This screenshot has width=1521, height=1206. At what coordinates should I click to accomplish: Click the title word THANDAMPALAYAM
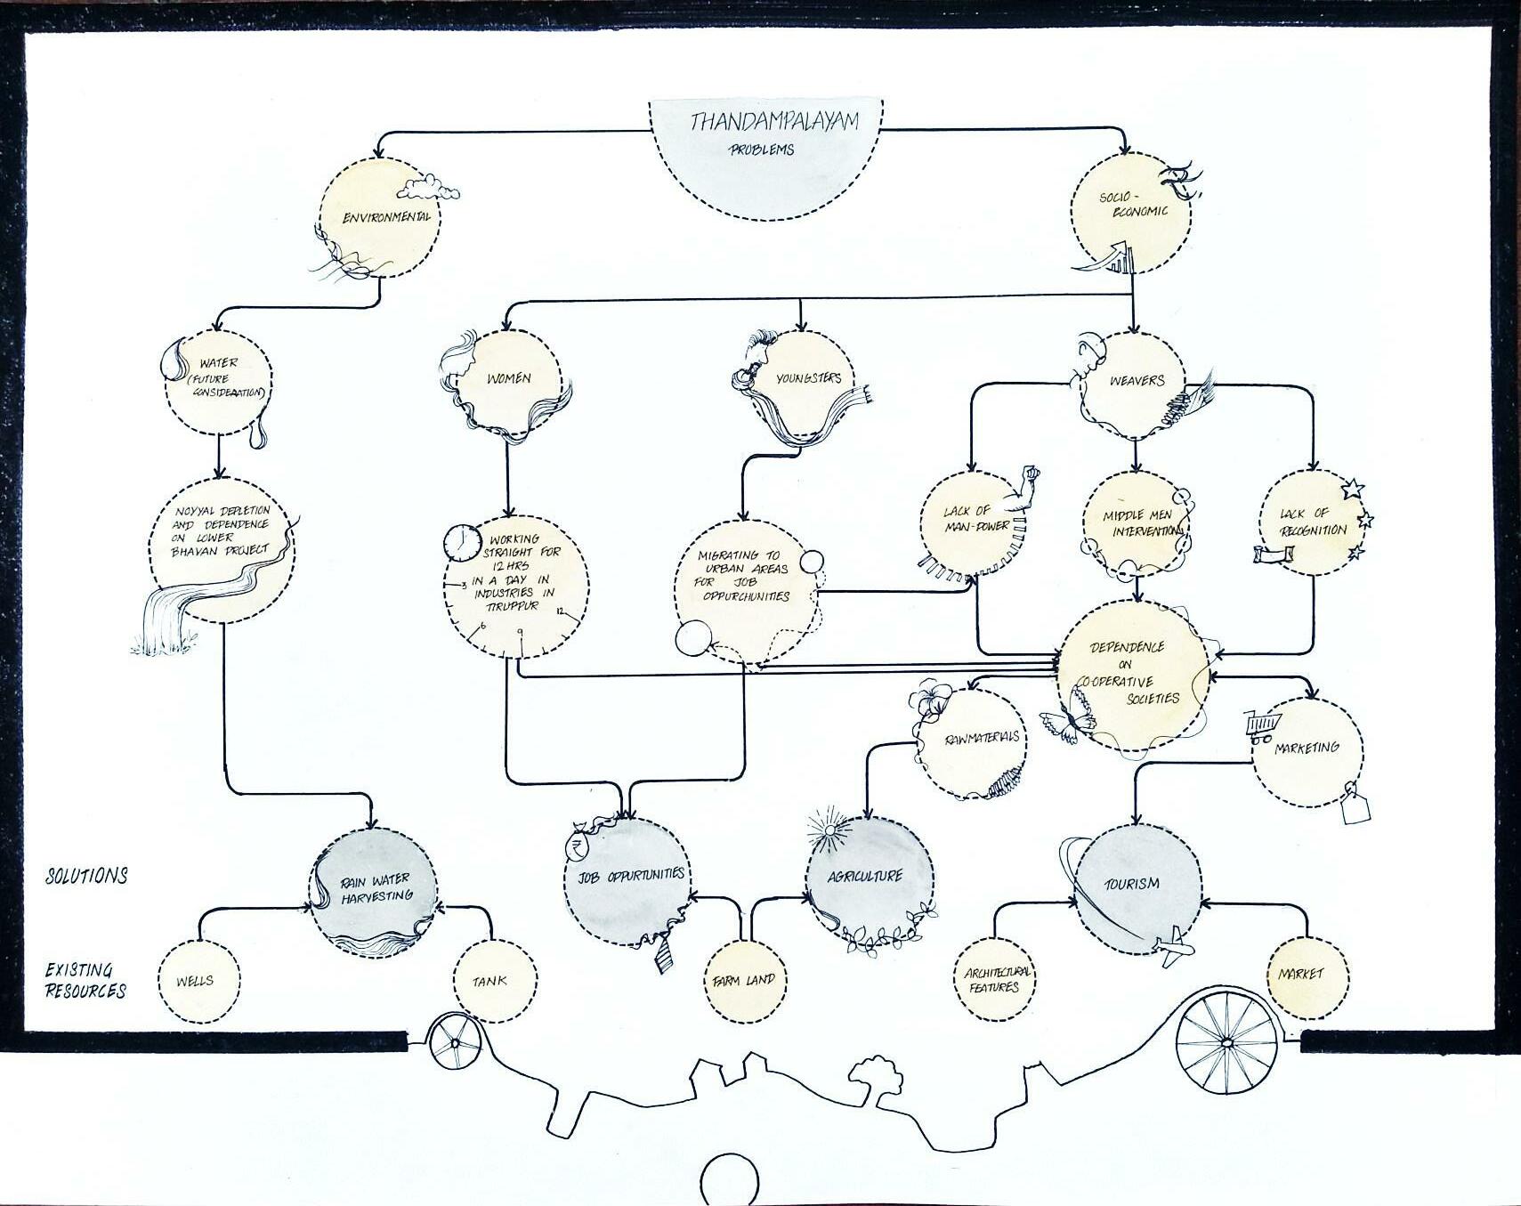tap(773, 121)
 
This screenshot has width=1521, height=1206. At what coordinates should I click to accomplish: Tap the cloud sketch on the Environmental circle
tap(429, 188)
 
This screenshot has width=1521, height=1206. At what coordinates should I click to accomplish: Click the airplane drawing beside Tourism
tap(1175, 947)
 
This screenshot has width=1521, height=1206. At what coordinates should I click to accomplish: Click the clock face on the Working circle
tap(461, 543)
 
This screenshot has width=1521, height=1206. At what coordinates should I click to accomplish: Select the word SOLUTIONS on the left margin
tap(87, 876)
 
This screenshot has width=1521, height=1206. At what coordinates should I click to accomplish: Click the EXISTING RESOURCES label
tap(85, 980)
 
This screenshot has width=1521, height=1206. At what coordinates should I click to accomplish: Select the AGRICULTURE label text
tap(864, 876)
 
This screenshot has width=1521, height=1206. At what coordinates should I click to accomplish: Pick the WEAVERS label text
tap(1137, 381)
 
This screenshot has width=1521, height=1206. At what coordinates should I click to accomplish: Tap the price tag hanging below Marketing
tap(1354, 807)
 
